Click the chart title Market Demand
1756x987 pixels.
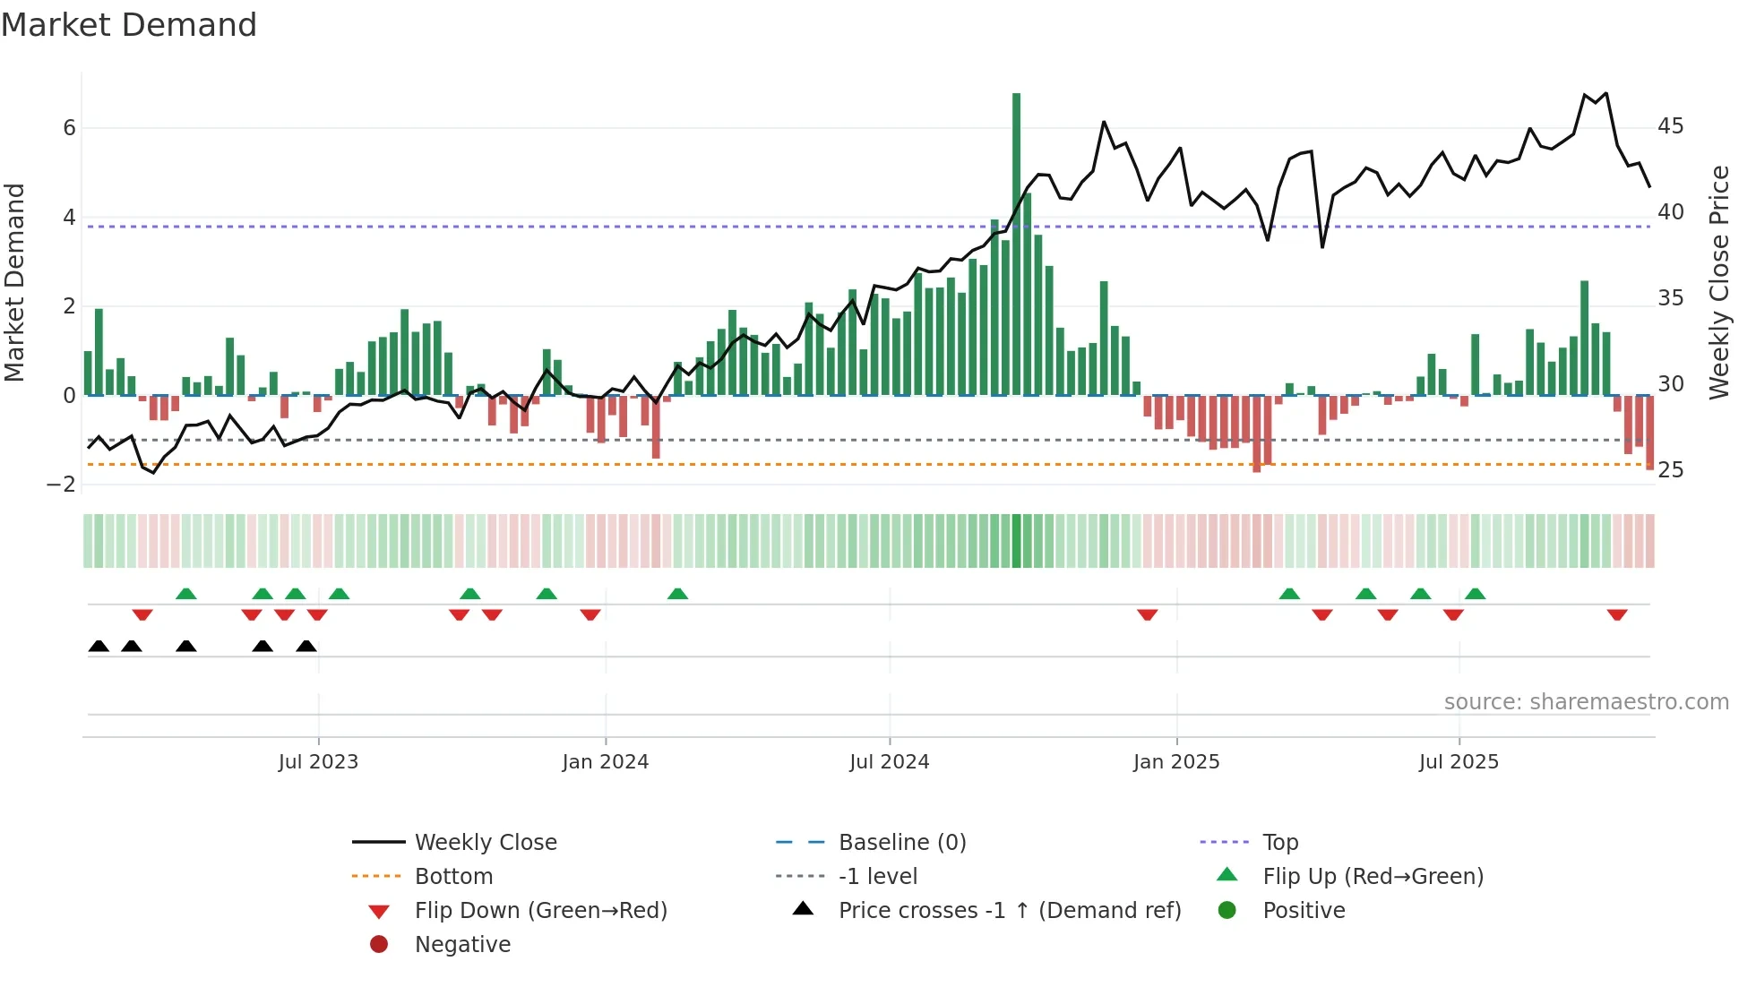129,25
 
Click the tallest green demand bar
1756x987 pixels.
1016,242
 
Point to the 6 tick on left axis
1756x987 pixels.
69,128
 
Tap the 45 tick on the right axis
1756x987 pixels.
1670,126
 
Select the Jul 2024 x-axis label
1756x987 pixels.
889,762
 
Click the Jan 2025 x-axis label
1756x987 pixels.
1175,762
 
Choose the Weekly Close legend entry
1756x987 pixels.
485,843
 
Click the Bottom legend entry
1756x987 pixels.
453,877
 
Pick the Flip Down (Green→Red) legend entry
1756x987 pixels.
540,911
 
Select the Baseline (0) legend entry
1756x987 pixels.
901,843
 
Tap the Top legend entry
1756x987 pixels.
1279,843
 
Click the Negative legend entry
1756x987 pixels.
462,945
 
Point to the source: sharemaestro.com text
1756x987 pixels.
1586,702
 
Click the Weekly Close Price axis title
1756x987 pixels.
1718,282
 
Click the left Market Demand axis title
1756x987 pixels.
15,282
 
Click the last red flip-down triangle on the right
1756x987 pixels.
1616,614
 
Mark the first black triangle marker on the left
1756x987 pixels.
99,647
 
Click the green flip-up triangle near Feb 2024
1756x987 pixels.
677,594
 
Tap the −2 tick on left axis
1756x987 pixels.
61,485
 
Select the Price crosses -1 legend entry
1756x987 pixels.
1009,911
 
